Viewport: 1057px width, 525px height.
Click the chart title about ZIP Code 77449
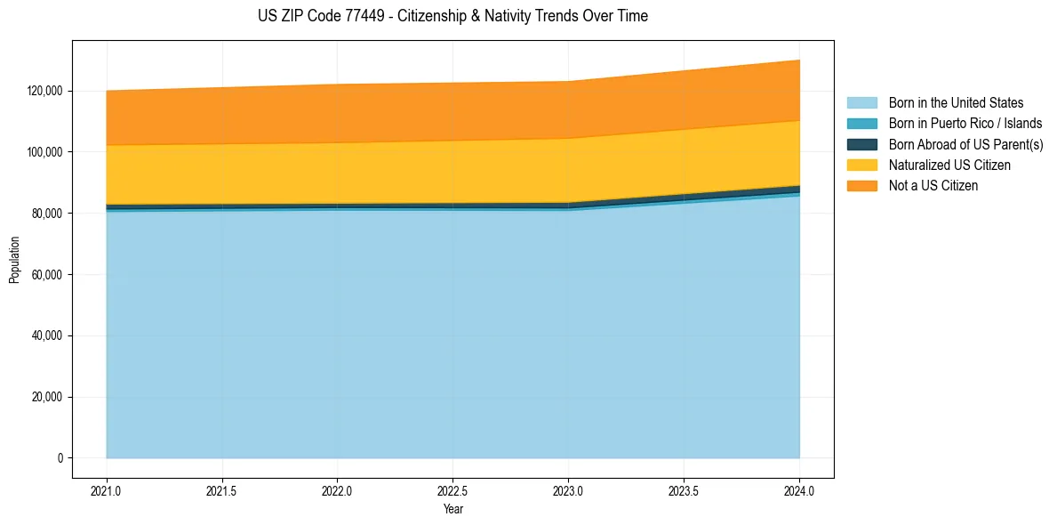452,16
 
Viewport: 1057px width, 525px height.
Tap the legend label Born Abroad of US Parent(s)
965,144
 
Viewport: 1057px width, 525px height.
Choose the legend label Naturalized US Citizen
949,165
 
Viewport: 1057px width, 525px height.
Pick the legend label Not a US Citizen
933,185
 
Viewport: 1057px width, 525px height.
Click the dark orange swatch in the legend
861,185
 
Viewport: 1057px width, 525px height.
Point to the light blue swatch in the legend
861,103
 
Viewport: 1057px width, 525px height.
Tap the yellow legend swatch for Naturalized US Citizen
861,165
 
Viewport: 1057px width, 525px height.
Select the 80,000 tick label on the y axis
47,214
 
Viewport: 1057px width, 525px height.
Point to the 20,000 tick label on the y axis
47,397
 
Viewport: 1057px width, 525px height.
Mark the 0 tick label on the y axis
60,458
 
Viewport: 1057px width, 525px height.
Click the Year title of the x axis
452,510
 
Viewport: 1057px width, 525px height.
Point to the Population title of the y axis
14,260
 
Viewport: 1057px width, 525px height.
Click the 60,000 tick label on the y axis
47,275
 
